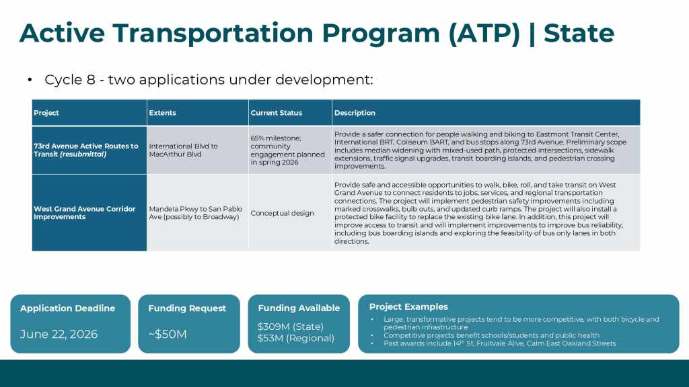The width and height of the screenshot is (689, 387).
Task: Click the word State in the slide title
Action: (579, 32)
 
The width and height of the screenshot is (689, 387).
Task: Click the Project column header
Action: (46, 113)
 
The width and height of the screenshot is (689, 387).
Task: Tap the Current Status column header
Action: (277, 113)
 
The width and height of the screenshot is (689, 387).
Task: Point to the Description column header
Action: (355, 113)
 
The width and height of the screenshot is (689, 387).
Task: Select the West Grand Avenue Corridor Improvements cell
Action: (85, 213)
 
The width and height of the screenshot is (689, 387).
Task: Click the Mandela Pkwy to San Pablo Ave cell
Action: (195, 213)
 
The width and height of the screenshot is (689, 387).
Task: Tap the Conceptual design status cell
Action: (282, 213)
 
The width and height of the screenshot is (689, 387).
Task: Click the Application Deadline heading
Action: (67, 308)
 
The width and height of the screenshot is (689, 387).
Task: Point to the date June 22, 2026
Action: (59, 334)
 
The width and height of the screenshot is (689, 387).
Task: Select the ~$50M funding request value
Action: (168, 334)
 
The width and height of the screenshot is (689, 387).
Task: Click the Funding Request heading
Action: (187, 308)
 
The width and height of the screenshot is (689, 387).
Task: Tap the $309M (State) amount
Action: (291, 327)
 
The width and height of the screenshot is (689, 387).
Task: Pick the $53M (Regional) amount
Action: (295, 338)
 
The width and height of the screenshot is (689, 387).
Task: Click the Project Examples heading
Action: (408, 307)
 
